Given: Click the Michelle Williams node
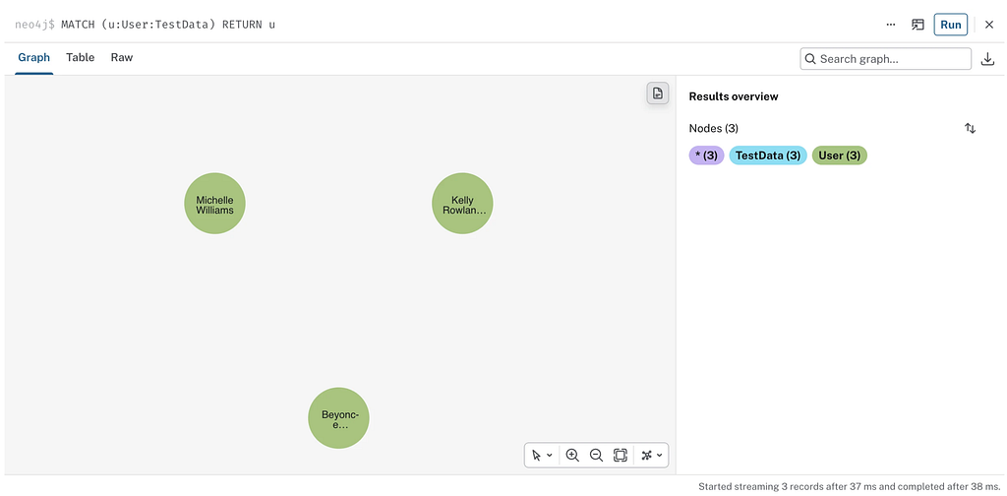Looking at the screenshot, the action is [x=214, y=203].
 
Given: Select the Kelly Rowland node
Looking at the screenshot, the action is [x=462, y=203].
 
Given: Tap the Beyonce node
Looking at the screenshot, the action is [x=338, y=417].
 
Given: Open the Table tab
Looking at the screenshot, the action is [x=81, y=57].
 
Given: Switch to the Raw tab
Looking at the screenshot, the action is [x=121, y=57].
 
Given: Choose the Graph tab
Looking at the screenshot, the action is [x=34, y=57].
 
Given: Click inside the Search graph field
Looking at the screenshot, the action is [x=886, y=59].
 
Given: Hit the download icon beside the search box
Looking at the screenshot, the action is [x=987, y=59].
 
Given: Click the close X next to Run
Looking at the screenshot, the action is [x=989, y=25].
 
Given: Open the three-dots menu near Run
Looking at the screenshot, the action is [x=890, y=25].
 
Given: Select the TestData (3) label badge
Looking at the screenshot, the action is [x=767, y=155].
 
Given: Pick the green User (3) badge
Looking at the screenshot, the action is [x=840, y=155].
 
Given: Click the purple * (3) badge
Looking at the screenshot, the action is [x=706, y=155].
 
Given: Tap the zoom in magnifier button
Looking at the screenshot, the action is [x=572, y=455].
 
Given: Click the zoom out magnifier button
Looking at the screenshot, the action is [x=596, y=455].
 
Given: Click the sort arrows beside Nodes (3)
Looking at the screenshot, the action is [x=970, y=129].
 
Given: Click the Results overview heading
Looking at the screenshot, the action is [x=734, y=96].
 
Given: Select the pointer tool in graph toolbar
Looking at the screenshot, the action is [x=542, y=455].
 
